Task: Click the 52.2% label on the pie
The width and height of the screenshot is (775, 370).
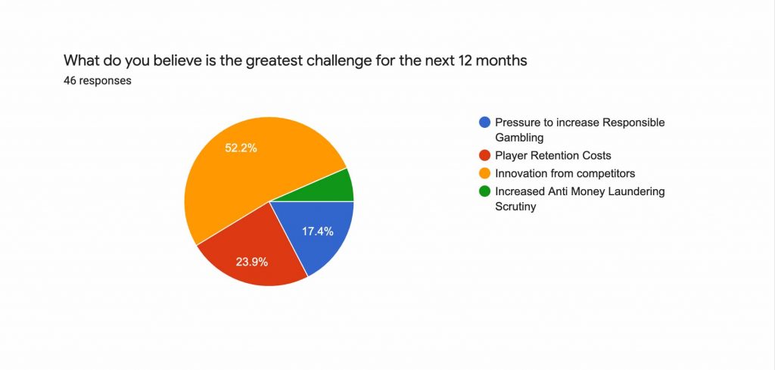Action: coord(241,148)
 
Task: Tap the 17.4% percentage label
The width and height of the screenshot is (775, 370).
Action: coord(318,232)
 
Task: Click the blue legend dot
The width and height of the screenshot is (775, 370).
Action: coord(483,123)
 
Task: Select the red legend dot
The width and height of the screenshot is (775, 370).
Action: coord(483,155)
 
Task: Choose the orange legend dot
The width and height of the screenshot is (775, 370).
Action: coord(483,173)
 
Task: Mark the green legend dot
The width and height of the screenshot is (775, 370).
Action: coord(483,191)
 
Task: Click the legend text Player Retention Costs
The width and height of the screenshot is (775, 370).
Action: coord(552,155)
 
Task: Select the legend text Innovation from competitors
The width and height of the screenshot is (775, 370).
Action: coord(565,173)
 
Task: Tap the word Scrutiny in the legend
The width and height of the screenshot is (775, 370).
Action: coord(515,206)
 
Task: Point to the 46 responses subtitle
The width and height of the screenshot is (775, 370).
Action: coord(98,81)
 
